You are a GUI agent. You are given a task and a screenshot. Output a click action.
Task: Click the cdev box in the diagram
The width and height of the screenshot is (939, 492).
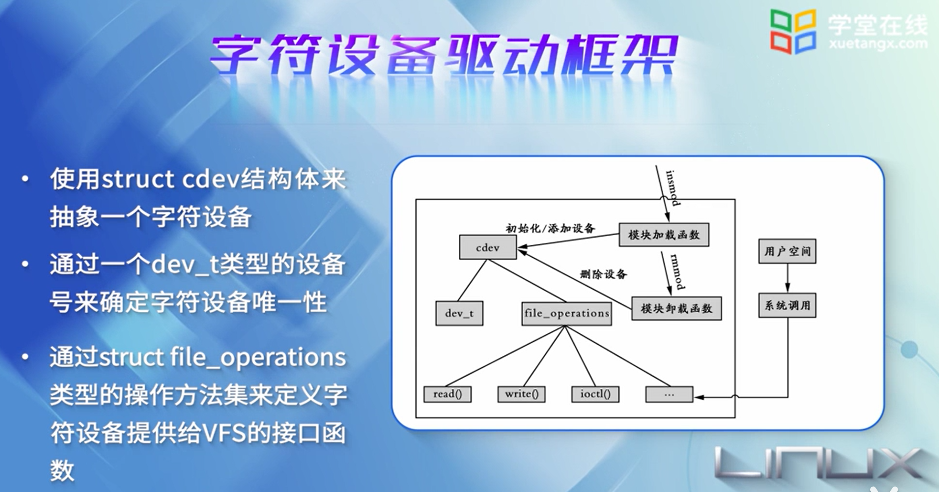(x=487, y=247)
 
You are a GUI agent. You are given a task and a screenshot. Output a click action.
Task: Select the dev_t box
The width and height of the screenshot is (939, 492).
(x=459, y=313)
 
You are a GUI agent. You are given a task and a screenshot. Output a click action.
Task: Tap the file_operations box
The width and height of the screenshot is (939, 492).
(x=566, y=313)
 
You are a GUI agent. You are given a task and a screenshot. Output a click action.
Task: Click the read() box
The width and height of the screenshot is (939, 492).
(x=447, y=394)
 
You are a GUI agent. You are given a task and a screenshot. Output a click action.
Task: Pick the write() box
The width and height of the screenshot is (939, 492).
(x=521, y=394)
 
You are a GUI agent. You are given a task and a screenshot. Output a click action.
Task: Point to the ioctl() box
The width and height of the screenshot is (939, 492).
(x=595, y=394)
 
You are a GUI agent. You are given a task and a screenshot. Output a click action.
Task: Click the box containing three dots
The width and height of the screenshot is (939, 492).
(x=669, y=394)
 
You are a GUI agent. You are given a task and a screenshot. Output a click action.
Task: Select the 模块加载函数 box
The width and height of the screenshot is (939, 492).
(x=663, y=235)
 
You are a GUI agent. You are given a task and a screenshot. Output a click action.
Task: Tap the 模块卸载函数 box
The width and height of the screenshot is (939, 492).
(x=676, y=308)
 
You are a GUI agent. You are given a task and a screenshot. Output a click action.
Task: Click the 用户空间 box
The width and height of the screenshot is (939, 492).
(x=787, y=251)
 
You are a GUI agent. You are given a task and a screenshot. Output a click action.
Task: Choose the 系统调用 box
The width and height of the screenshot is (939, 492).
(x=787, y=305)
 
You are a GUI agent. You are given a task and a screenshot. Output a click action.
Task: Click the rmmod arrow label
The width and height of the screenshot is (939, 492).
(x=677, y=272)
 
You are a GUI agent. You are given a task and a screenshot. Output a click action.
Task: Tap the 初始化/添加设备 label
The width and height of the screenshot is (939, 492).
(x=550, y=229)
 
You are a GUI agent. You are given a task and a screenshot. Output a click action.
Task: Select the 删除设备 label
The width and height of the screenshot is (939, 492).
(x=603, y=274)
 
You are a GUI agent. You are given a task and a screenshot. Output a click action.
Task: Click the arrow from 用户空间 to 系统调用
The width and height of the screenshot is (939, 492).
(x=788, y=278)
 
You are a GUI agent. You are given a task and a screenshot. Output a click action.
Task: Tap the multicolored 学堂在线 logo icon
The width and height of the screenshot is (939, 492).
(x=792, y=32)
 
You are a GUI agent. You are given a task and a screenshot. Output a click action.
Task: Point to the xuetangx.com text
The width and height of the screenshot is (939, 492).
(x=878, y=44)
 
